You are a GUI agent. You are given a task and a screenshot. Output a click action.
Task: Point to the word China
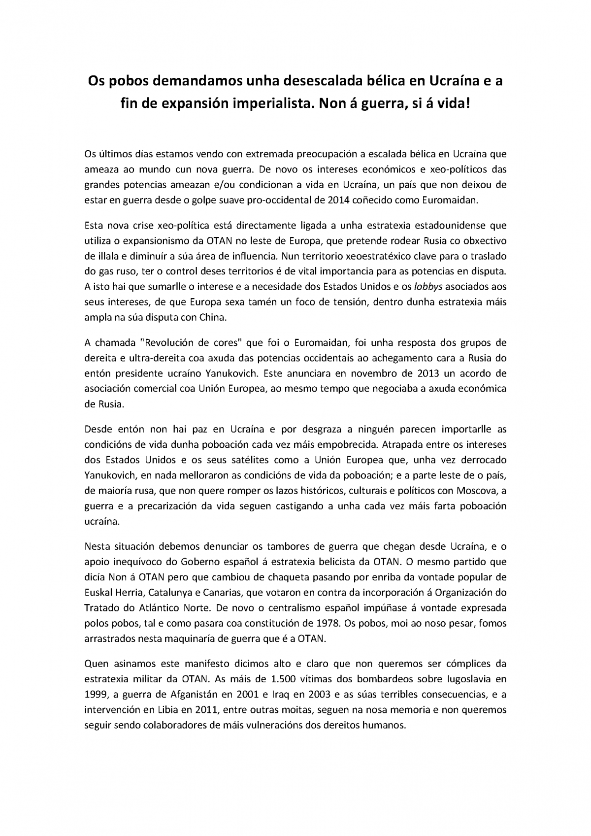click(x=212, y=318)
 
